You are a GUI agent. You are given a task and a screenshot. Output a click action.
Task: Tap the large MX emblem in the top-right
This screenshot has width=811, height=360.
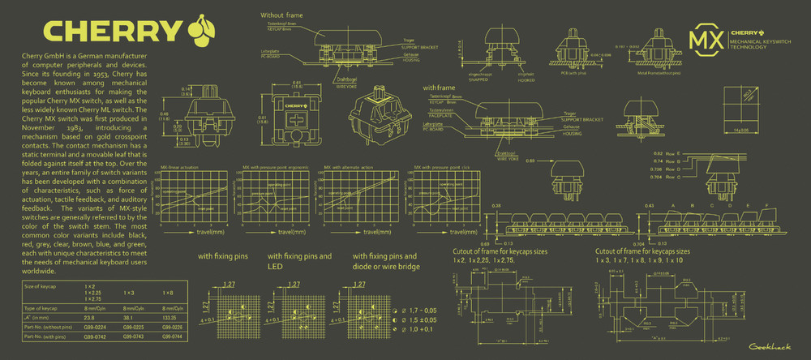pyautogui.click(x=705, y=40)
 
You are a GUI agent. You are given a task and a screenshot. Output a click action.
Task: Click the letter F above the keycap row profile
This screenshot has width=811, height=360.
pyautogui.click(x=768, y=206)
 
